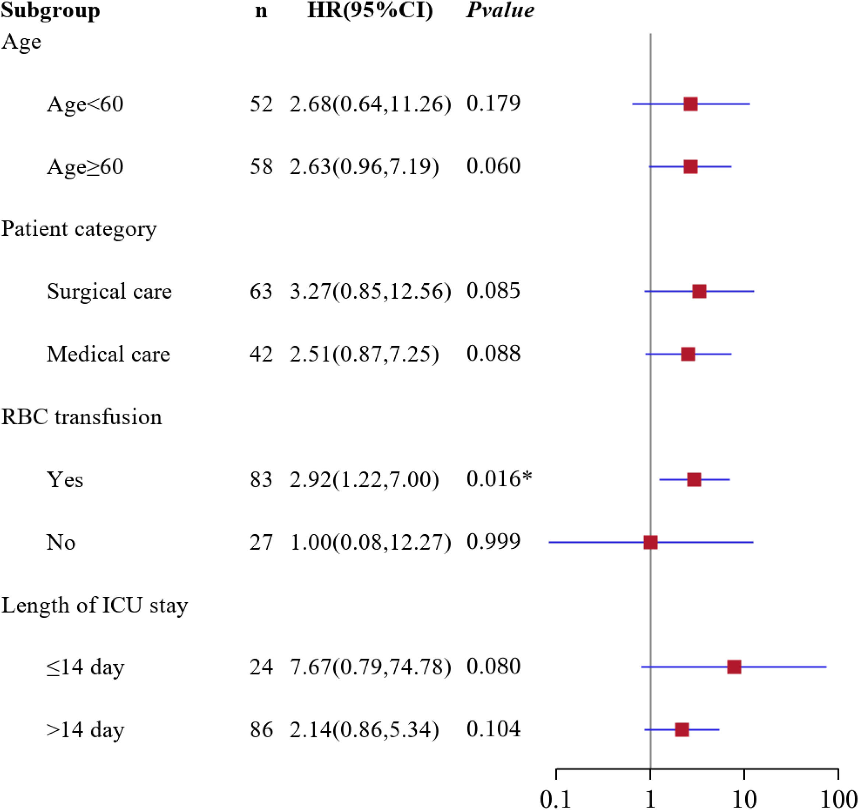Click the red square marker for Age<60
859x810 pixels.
coord(690,104)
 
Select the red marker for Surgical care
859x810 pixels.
coord(699,291)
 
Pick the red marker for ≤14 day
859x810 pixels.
coord(734,667)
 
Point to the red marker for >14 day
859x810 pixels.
coord(682,730)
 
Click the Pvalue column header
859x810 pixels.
coord(500,10)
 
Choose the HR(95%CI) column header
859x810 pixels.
coord(370,10)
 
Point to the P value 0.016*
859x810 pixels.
coord(499,479)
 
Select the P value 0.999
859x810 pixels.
coord(493,541)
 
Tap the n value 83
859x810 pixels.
coord(261,479)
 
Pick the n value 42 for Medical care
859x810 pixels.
coord(261,354)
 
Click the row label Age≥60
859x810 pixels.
coord(85,167)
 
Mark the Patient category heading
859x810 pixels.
coord(79,230)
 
